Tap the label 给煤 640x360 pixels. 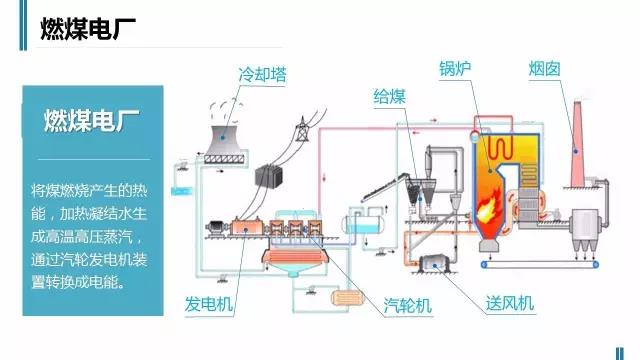point(389,96)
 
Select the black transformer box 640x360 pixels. point(267,175)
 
